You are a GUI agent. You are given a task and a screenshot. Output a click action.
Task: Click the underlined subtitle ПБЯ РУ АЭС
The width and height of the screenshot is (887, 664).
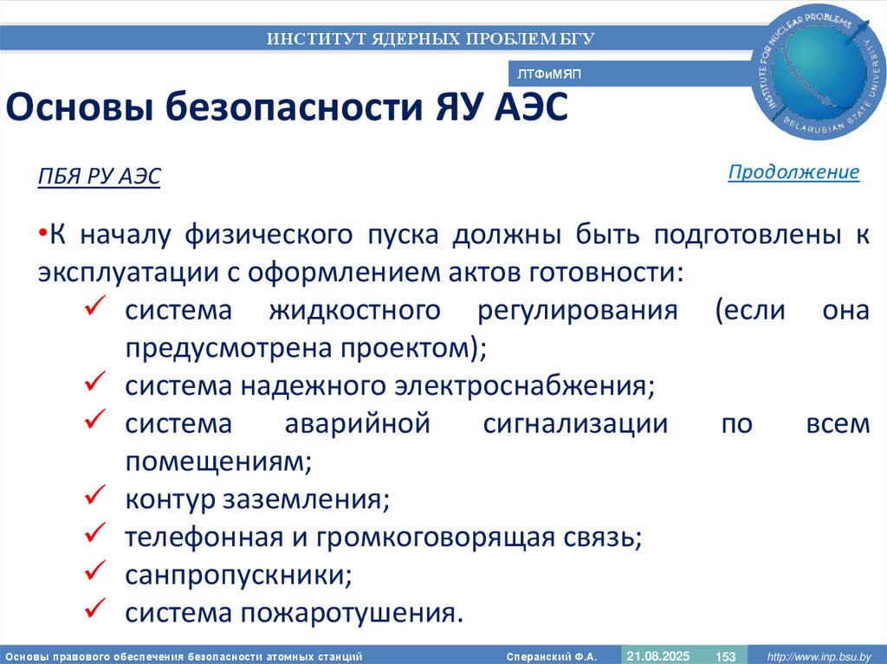click(99, 177)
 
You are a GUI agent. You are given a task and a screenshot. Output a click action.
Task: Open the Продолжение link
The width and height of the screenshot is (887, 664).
click(793, 172)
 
